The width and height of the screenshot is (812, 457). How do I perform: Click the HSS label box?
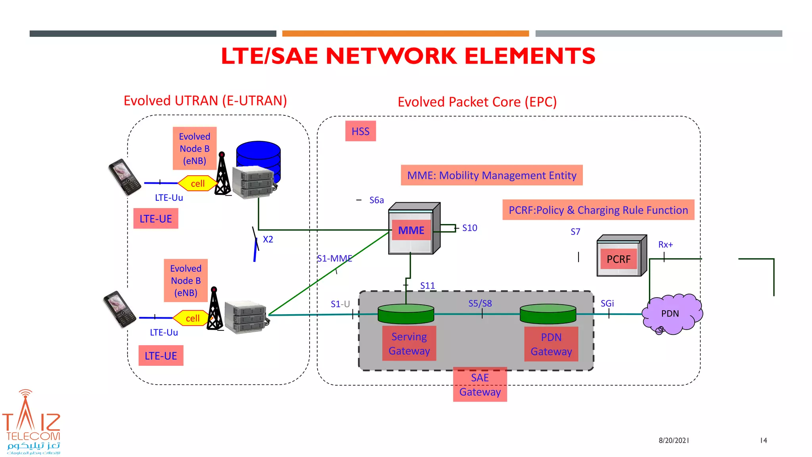360,131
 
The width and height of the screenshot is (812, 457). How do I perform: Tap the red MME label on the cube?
411,230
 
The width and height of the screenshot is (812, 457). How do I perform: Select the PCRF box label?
618,259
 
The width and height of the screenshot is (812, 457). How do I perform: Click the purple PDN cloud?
670,314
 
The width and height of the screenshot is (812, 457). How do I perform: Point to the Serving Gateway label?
409,344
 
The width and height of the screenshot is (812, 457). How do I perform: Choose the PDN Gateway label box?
551,344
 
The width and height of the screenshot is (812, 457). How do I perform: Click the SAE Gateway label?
480,384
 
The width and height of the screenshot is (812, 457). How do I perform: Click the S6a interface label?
376,200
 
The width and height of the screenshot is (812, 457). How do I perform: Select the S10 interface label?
469,228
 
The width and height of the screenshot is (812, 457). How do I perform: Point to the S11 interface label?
427,286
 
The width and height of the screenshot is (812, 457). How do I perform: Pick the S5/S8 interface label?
480,303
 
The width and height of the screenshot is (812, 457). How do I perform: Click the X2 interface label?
268,240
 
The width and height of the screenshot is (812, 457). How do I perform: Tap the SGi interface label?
607,303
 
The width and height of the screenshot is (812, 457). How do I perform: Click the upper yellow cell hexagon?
197,183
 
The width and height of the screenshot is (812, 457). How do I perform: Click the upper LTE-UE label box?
156,219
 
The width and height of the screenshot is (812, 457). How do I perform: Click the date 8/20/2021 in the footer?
674,440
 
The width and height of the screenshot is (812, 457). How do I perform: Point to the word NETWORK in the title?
391,56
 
